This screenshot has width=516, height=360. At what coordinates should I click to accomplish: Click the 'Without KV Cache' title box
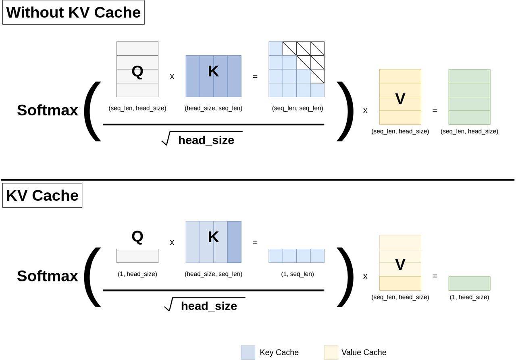[73, 12]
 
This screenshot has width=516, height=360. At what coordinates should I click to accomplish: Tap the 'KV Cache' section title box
[42, 196]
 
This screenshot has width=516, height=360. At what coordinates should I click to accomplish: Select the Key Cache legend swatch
[248, 352]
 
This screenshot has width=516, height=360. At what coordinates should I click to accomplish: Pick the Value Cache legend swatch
[331, 352]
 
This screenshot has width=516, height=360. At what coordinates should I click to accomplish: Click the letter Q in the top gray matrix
[137, 71]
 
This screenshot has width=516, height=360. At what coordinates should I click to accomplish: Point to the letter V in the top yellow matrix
[400, 99]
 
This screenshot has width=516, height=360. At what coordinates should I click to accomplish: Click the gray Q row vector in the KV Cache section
[137, 256]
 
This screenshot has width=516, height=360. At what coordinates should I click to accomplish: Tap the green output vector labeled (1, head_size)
[469, 283]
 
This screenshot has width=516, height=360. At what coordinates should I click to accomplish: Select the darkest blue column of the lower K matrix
[234, 242]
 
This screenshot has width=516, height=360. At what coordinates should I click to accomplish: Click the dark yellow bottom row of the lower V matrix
[400, 283]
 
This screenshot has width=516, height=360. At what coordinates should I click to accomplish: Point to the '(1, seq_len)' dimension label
[298, 274]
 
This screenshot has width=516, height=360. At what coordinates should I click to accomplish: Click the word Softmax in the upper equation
[48, 110]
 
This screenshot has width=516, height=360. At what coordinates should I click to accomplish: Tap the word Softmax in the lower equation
[48, 276]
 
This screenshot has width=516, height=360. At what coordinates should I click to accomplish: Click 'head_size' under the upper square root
[206, 140]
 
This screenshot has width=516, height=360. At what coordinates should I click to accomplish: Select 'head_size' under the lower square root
[209, 306]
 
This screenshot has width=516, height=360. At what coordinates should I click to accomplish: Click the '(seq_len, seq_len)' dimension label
[298, 108]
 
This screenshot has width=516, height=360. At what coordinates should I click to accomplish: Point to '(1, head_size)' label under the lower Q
[137, 274]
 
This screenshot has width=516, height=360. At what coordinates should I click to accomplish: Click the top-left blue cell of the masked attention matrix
[276, 48]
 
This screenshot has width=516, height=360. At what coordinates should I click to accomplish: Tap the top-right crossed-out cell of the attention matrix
[317, 48]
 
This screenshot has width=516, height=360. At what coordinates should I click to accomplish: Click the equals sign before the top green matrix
[435, 110]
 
